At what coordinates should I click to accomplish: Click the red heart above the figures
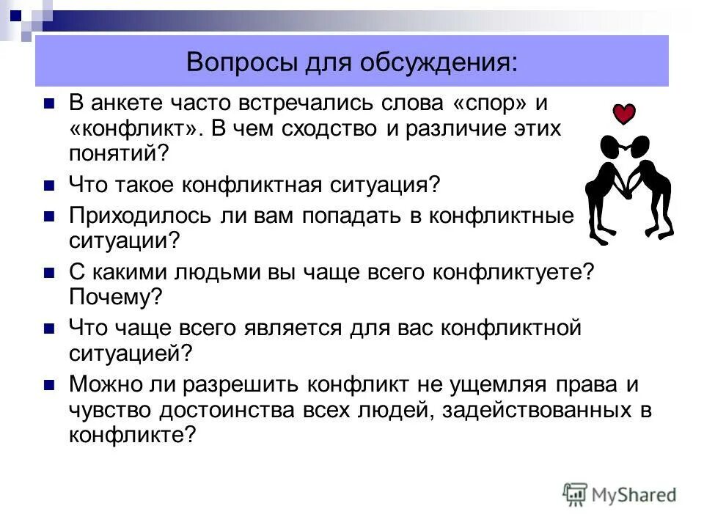[624, 114]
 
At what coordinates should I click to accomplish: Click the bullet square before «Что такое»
[50, 184]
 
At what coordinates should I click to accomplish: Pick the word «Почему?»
[115, 297]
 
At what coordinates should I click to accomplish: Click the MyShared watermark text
[634, 494]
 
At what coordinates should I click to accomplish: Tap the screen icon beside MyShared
[576, 494]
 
